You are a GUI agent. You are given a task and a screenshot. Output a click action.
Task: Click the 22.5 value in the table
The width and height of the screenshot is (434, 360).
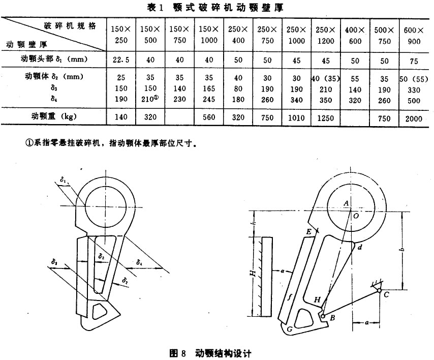(x=120, y=59)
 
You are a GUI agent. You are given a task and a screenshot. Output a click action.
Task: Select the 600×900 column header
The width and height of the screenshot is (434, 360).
(x=414, y=35)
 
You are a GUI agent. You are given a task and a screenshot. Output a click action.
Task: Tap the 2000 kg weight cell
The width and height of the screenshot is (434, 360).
(x=414, y=117)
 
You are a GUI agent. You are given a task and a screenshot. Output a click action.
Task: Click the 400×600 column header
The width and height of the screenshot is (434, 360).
(x=355, y=35)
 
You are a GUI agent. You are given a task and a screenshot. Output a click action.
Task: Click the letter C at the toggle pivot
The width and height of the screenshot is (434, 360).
(x=386, y=294)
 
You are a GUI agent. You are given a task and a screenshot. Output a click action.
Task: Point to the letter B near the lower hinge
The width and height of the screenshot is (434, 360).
(x=332, y=318)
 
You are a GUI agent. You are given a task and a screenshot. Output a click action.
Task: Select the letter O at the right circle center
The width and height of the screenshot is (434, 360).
(x=355, y=216)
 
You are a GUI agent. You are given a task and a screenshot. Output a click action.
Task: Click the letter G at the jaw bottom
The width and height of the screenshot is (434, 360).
(x=289, y=329)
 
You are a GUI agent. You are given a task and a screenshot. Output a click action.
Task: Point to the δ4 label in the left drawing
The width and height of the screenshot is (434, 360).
(x=139, y=262)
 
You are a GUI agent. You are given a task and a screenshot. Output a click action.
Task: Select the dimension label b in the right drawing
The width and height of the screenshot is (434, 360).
(x=401, y=251)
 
